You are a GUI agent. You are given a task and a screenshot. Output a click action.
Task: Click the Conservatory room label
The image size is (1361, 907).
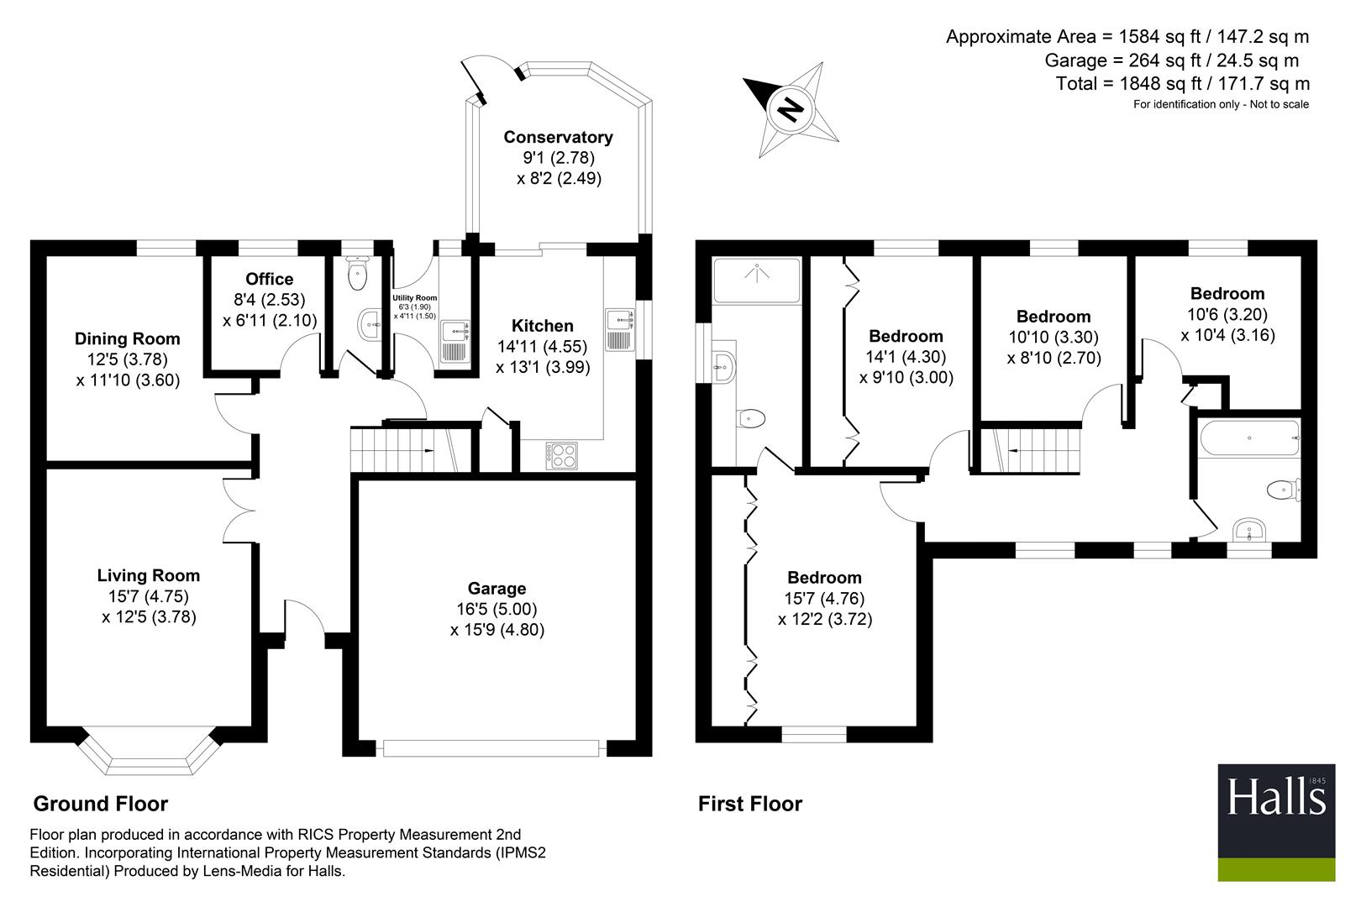pos(558,137)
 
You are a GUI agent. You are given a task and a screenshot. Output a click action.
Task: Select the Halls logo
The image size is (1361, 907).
pos(1276,822)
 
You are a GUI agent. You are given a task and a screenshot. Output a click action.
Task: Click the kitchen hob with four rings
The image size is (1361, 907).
pos(562,456)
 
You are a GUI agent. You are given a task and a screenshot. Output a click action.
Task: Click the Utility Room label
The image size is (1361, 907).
pos(414,297)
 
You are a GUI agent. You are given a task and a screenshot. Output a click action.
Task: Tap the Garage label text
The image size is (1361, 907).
pos(497,588)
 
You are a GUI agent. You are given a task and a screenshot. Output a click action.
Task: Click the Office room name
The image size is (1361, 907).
pos(269,279)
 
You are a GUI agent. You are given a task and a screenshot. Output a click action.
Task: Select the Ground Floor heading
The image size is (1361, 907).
pos(100,804)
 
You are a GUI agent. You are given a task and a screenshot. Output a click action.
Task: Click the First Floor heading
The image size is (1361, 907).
pos(749,804)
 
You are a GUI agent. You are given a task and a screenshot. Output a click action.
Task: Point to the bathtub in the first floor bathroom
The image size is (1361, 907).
pos(1249,438)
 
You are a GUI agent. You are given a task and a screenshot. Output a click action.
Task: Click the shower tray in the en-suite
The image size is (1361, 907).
pos(756,280)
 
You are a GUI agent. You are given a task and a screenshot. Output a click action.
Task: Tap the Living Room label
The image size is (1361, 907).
pos(148,575)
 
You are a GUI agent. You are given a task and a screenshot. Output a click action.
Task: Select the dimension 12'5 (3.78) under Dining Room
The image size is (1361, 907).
pos(127,359)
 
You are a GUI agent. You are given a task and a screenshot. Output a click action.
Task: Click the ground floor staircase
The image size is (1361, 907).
pos(405,449)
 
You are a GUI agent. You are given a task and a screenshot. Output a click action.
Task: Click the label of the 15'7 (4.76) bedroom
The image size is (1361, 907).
pos(824,577)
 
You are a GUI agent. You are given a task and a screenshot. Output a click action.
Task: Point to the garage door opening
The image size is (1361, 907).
pos(491,747)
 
